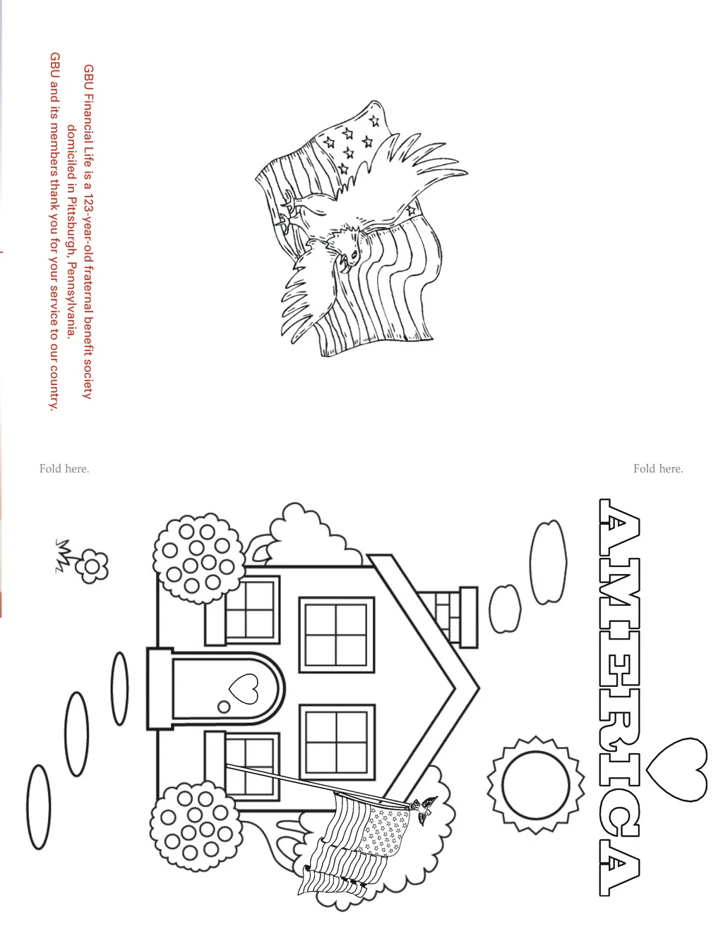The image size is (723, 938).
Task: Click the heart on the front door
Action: tap(244, 688)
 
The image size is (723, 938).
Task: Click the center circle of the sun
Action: tap(536, 785)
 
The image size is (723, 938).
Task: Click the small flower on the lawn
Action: tap(91, 566)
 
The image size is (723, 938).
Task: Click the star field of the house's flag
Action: tap(386, 830)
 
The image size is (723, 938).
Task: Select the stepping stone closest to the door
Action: tap(120, 688)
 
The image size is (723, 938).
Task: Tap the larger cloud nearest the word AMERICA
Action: tap(548, 562)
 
